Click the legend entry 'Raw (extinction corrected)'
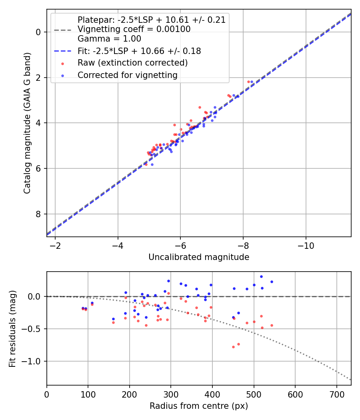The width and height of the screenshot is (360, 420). point(132,63)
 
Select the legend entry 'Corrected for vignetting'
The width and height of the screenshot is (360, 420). point(127,75)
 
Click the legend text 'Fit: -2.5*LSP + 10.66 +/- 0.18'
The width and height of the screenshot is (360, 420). point(139,51)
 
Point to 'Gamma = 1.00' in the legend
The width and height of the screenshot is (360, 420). point(109,39)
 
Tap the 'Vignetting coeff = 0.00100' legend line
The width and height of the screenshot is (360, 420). point(134,29)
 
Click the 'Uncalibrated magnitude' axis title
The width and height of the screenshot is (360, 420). point(199,257)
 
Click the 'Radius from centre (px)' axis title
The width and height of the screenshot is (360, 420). point(199,406)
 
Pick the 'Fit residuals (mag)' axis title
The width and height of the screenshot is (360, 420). point(12,328)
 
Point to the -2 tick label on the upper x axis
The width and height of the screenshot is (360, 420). point(55,245)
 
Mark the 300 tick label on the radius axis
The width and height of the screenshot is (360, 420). point(171,394)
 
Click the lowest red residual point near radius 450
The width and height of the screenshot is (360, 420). point(233,347)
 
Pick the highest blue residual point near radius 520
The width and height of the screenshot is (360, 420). point(261,276)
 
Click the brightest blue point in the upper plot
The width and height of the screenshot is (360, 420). point(252,82)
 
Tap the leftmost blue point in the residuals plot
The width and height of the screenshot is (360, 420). point(83,308)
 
